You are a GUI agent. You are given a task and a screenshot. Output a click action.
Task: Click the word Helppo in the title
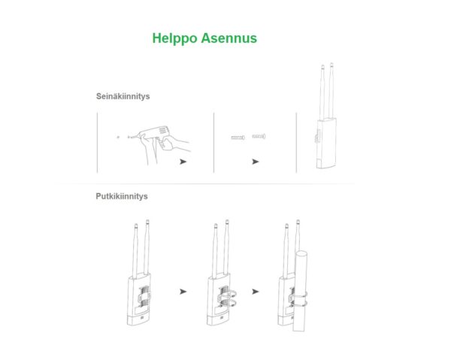point(174,38)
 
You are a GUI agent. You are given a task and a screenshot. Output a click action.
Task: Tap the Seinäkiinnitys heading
point(123,97)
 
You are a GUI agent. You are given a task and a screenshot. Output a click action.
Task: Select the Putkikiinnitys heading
point(122,196)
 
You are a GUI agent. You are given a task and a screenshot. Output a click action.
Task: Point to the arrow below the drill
point(183,161)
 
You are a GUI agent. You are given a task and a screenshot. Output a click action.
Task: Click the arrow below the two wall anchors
point(256,161)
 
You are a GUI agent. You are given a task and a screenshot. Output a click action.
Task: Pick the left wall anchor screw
point(237,138)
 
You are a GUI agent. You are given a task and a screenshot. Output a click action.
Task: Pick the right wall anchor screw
point(259,137)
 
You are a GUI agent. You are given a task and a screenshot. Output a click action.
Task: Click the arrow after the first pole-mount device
point(183,291)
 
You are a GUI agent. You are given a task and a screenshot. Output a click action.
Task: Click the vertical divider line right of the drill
point(214,143)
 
